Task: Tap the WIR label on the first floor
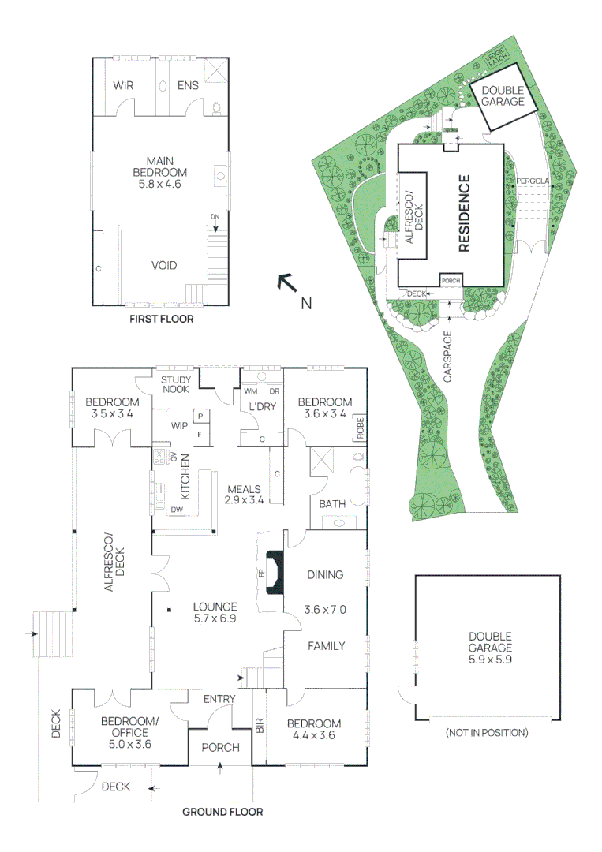pos(122,86)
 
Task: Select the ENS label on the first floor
pos(188,86)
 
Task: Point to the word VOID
pos(164,266)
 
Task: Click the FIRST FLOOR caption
pos(162,320)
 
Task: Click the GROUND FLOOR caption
pos(222,812)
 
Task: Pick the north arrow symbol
pos(286,283)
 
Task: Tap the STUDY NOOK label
pos(176,384)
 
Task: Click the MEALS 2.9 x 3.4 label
pos(244,494)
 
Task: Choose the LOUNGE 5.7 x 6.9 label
pos(215,613)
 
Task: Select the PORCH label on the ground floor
pos(220,747)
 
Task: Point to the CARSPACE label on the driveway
pos(448,357)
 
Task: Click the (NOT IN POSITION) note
pos(487,733)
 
